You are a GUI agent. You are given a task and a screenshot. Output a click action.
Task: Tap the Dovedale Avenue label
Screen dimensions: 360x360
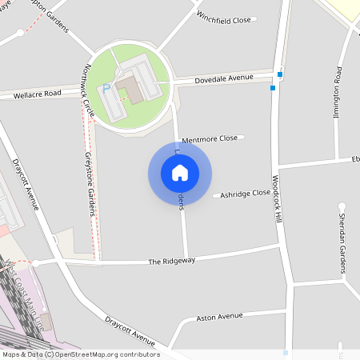point(224,78)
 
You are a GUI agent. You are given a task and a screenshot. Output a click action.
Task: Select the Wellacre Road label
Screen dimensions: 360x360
point(37,94)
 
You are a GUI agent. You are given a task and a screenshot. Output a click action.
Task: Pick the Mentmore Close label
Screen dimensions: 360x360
point(210,139)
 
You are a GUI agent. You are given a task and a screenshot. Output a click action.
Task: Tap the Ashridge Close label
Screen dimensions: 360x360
point(245,194)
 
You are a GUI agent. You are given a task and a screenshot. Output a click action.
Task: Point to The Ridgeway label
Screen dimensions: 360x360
point(172,262)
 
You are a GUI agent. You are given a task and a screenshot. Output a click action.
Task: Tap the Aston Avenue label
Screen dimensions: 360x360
point(219,316)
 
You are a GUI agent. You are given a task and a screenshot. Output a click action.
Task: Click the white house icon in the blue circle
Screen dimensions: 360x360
point(180,173)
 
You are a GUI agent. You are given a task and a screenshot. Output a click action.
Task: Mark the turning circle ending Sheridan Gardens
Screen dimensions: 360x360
point(342,207)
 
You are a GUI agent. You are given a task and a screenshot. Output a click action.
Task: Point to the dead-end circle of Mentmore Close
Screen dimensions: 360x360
point(242,138)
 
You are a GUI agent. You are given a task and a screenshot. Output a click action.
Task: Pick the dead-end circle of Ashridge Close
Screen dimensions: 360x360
point(215,195)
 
